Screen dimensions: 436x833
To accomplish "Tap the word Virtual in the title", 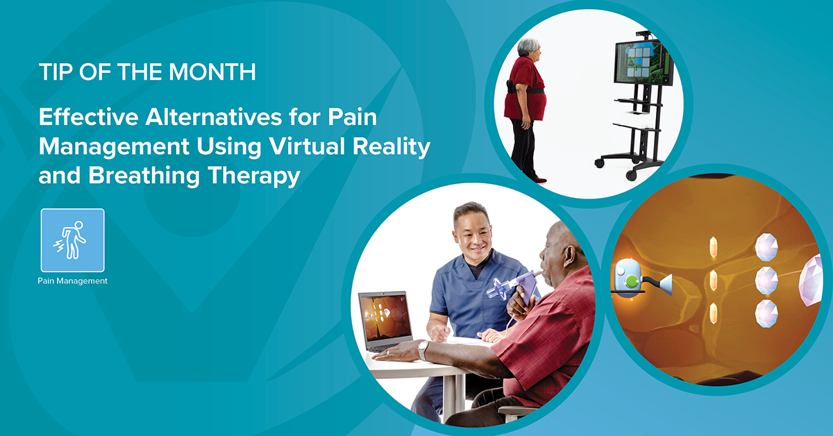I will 313,146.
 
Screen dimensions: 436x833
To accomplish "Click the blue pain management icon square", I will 73,240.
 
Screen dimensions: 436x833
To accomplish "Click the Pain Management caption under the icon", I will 73,281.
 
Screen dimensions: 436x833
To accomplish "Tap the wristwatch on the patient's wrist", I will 423,350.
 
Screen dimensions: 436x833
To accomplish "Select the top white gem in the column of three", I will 765,246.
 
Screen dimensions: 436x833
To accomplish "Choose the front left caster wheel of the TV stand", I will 598,164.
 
